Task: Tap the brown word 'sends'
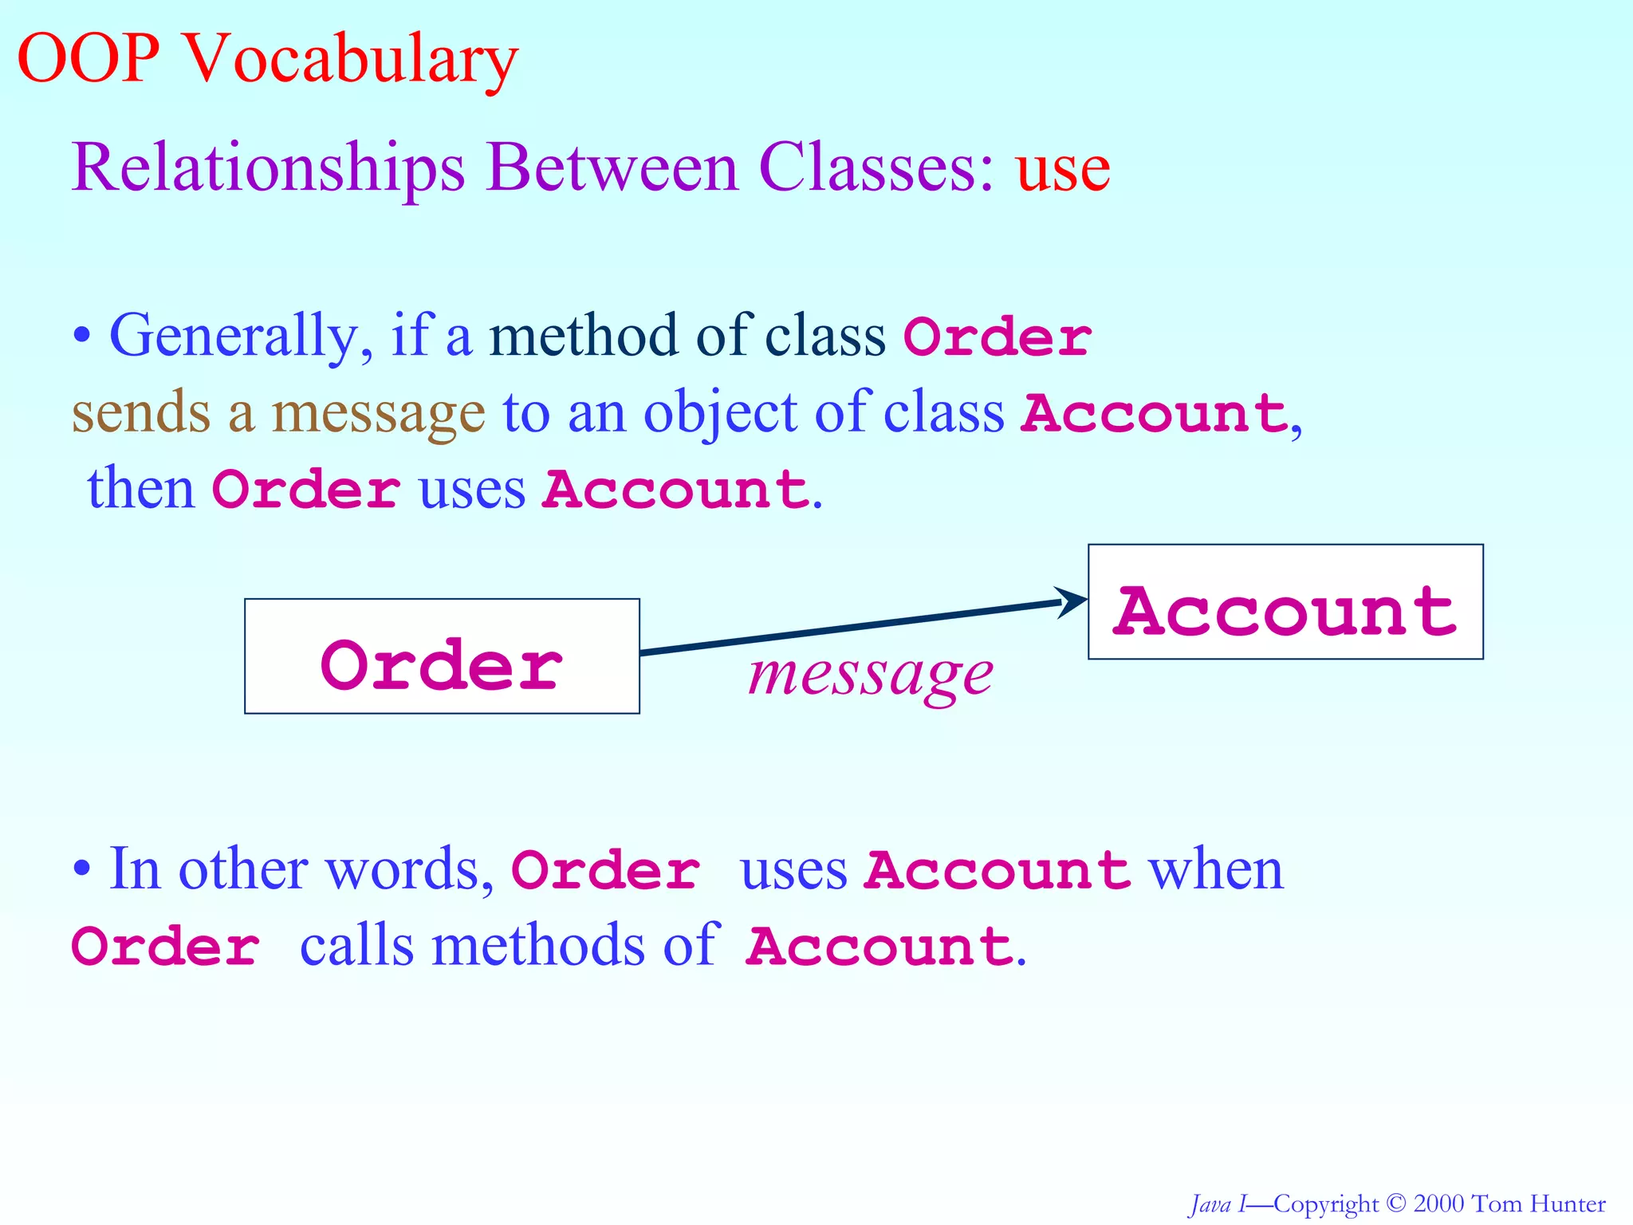pyautogui.click(x=140, y=412)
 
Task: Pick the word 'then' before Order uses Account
pyautogui.click(x=140, y=488)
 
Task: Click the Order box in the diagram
pyautogui.click(x=442, y=656)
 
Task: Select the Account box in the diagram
pyautogui.click(x=1285, y=602)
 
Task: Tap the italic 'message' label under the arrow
pyautogui.click(x=871, y=675)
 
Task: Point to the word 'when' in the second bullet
pyautogui.click(x=1215, y=868)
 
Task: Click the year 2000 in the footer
pyautogui.click(x=1438, y=1203)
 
